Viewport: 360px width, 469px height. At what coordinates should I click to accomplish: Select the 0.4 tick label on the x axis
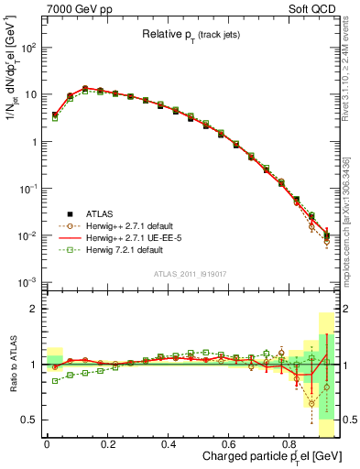tap(169, 443)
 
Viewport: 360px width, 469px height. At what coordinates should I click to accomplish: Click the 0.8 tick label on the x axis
tap(289, 443)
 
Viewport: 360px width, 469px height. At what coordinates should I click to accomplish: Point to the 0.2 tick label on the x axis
tap(107, 443)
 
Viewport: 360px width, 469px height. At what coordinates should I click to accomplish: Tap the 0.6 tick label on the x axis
tap(229, 443)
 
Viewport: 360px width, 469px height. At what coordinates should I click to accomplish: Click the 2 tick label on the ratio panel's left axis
tap(32, 309)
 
